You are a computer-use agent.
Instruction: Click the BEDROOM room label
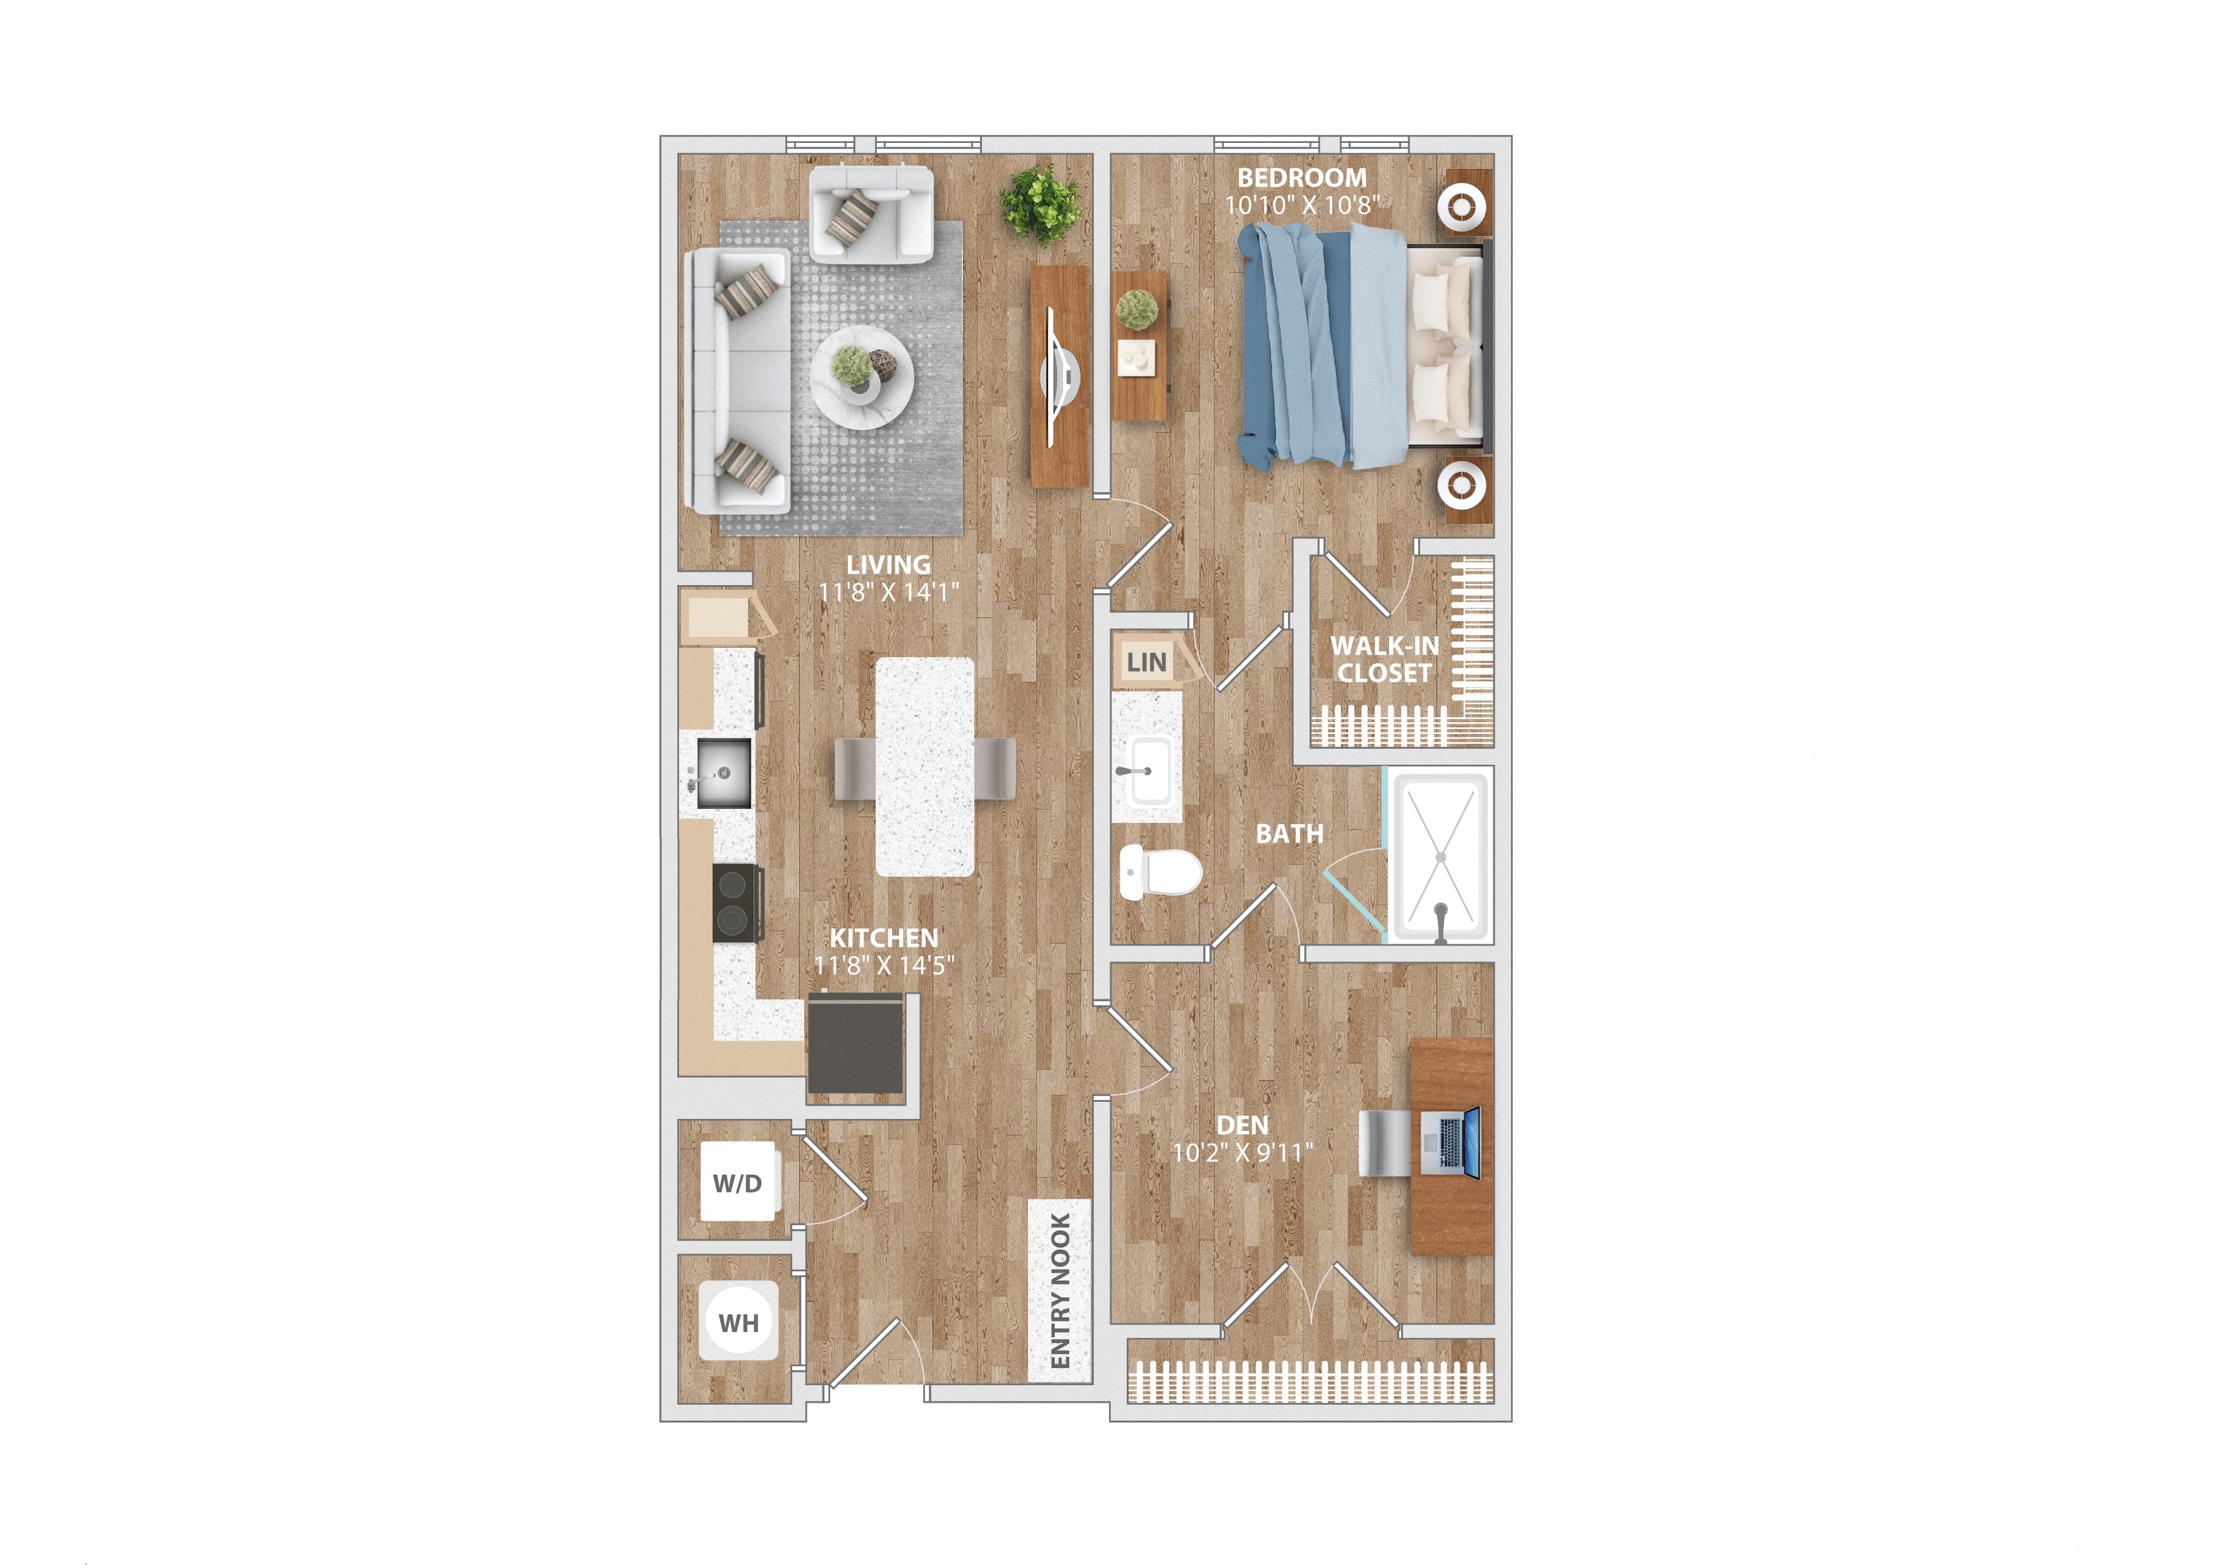tap(1301, 178)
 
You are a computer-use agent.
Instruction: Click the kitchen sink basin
tap(723, 773)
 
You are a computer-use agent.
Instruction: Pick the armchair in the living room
tap(871, 214)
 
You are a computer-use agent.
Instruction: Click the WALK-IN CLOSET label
tap(1384, 659)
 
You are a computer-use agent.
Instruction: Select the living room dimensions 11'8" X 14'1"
tap(888, 592)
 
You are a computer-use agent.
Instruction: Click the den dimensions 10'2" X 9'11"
tap(1242, 1152)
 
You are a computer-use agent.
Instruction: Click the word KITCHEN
tap(883, 937)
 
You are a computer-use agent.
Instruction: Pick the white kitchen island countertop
tap(924, 766)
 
